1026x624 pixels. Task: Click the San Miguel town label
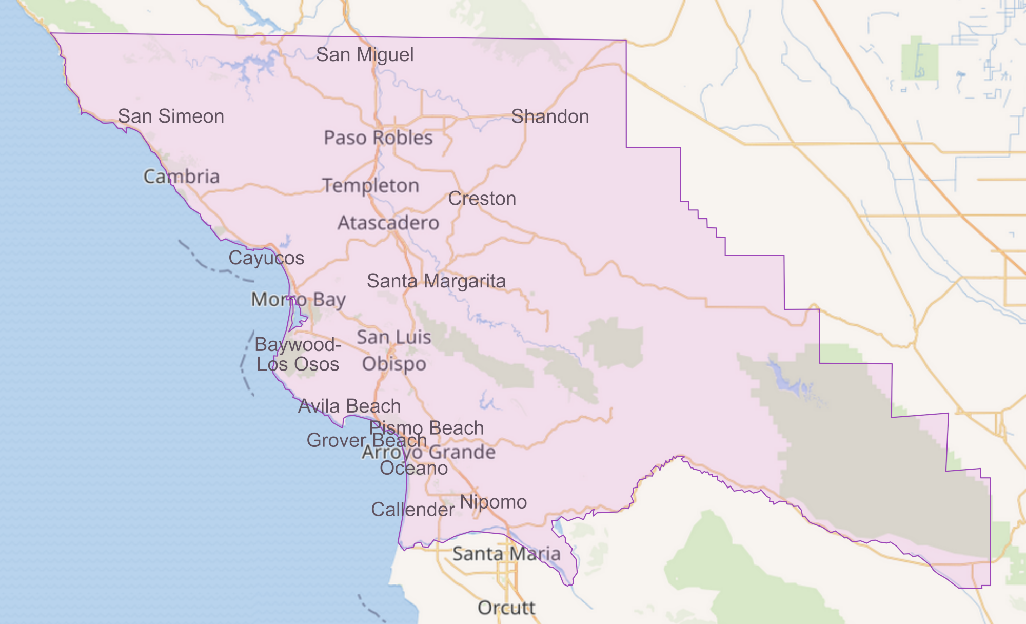tap(365, 55)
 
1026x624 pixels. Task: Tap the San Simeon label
tap(171, 116)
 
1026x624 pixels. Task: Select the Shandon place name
tap(550, 116)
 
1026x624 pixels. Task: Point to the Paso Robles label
tap(378, 138)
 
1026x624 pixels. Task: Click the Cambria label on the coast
tap(182, 177)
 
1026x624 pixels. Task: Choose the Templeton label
tap(370, 185)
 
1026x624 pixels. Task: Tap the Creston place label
tap(482, 199)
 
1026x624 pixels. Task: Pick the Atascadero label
tap(388, 223)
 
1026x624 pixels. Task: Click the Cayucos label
tap(266, 258)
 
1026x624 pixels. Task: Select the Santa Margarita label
tap(436, 281)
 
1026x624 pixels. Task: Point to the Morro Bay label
tap(298, 299)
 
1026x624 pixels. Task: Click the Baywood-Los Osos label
tap(298, 354)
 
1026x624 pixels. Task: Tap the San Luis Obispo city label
tap(394, 350)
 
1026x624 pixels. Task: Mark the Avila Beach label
tap(349, 406)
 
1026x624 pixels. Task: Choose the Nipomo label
tap(493, 502)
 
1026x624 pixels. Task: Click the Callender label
tap(412, 510)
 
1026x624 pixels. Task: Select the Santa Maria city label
tap(506, 554)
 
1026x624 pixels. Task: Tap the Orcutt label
tap(506, 608)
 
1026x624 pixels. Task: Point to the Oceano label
tap(413, 468)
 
